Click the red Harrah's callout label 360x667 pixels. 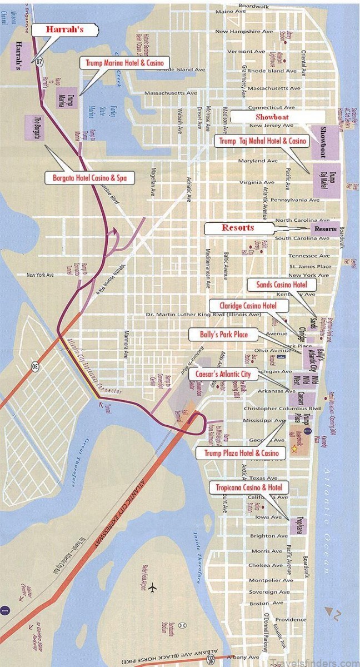pos(65,29)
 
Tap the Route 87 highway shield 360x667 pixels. pos(38,62)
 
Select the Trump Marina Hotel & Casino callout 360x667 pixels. pos(125,63)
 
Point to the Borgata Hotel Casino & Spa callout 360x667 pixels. pos(89,178)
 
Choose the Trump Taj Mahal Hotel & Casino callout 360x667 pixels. pos(262,141)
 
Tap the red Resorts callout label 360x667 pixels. pos(239,228)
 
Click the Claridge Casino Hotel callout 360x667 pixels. pos(249,305)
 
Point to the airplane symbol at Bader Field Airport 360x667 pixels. pos(153,588)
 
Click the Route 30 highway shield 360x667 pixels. pos(35,366)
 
